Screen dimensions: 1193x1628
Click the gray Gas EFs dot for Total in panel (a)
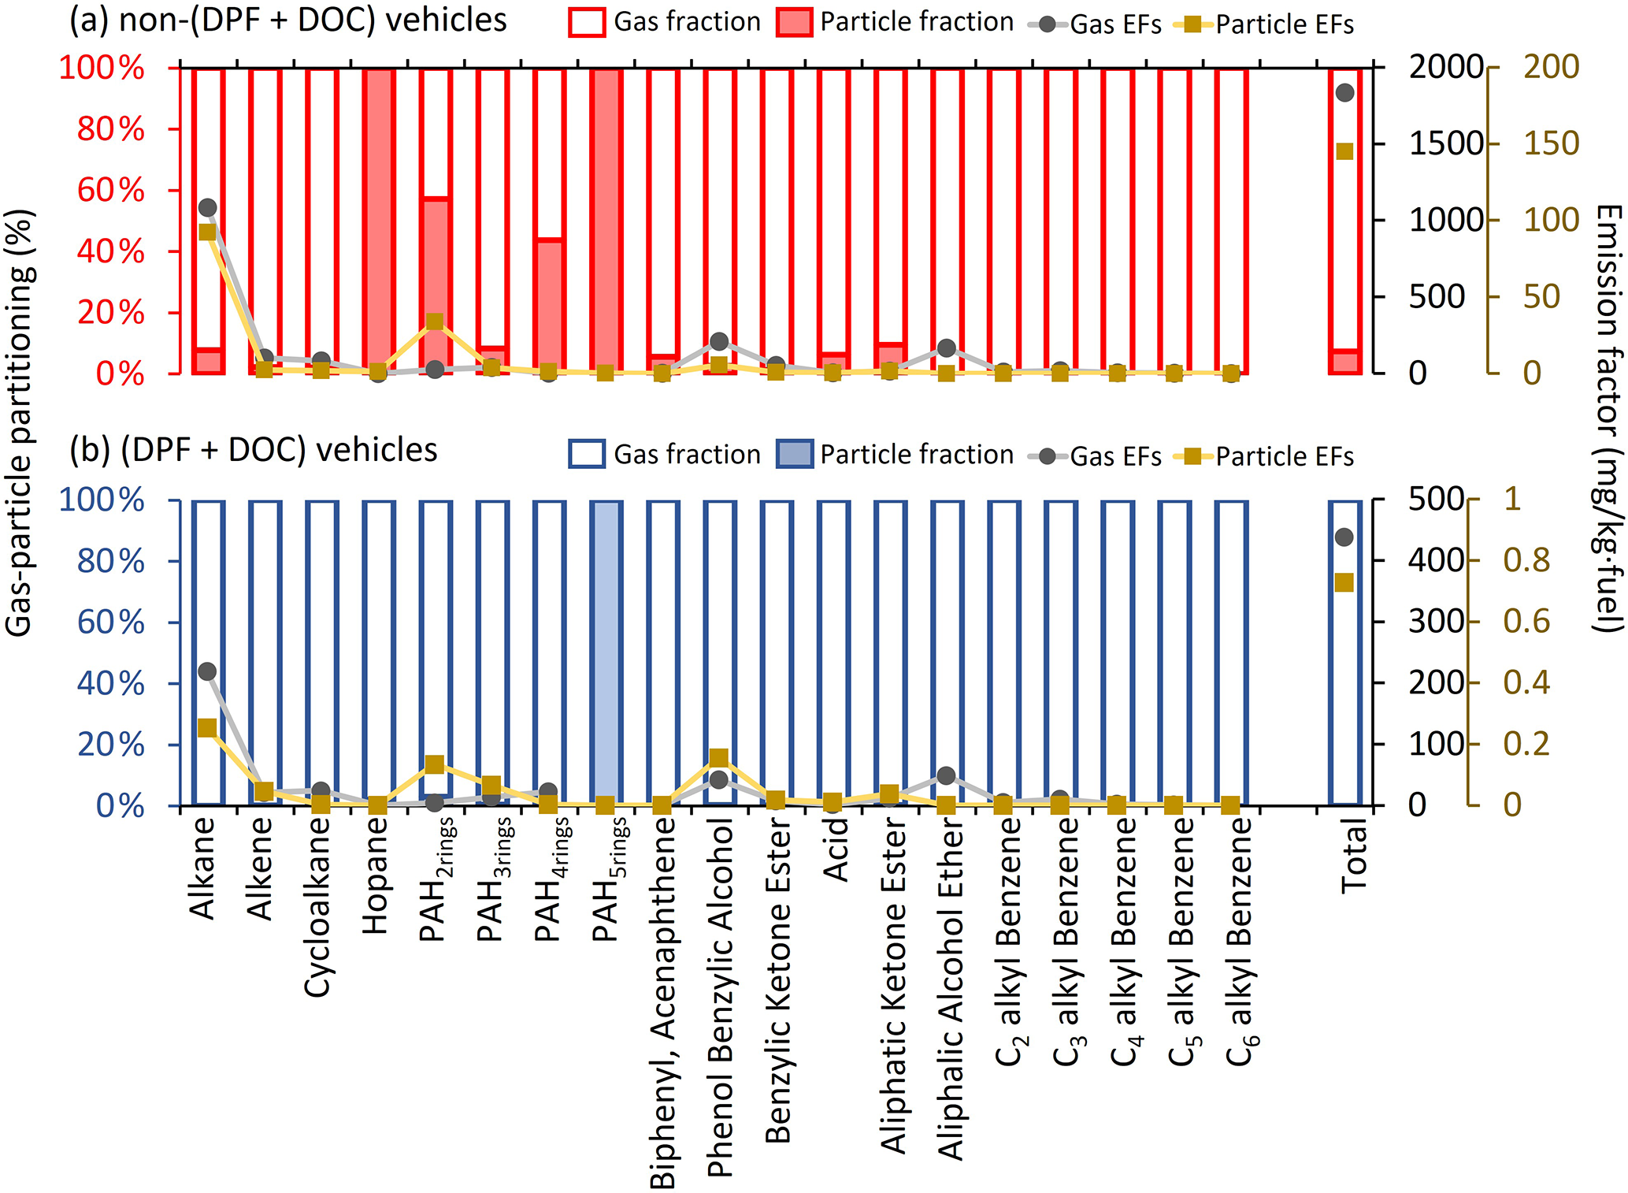[x=1344, y=93]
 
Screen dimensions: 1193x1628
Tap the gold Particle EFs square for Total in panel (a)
[x=1344, y=151]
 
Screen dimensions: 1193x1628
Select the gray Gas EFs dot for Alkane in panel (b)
[x=207, y=671]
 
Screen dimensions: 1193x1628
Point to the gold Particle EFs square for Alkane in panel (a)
[x=207, y=232]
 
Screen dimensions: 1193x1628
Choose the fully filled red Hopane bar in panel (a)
[x=378, y=221]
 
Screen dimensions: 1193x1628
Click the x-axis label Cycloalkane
[x=318, y=907]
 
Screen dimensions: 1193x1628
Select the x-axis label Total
[x=1354, y=856]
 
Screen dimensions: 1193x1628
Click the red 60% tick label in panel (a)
[x=111, y=190]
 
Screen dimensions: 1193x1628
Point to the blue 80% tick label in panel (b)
[x=111, y=561]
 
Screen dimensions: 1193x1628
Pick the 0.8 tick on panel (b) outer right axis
[x=1526, y=560]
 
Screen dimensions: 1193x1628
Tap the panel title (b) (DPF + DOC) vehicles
[x=254, y=450]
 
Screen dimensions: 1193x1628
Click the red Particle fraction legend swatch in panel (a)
[x=794, y=22]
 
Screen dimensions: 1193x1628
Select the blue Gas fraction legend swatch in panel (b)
[x=587, y=455]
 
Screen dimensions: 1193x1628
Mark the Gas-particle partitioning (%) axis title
[x=19, y=422]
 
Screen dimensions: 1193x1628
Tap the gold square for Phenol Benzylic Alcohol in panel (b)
[x=718, y=758]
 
